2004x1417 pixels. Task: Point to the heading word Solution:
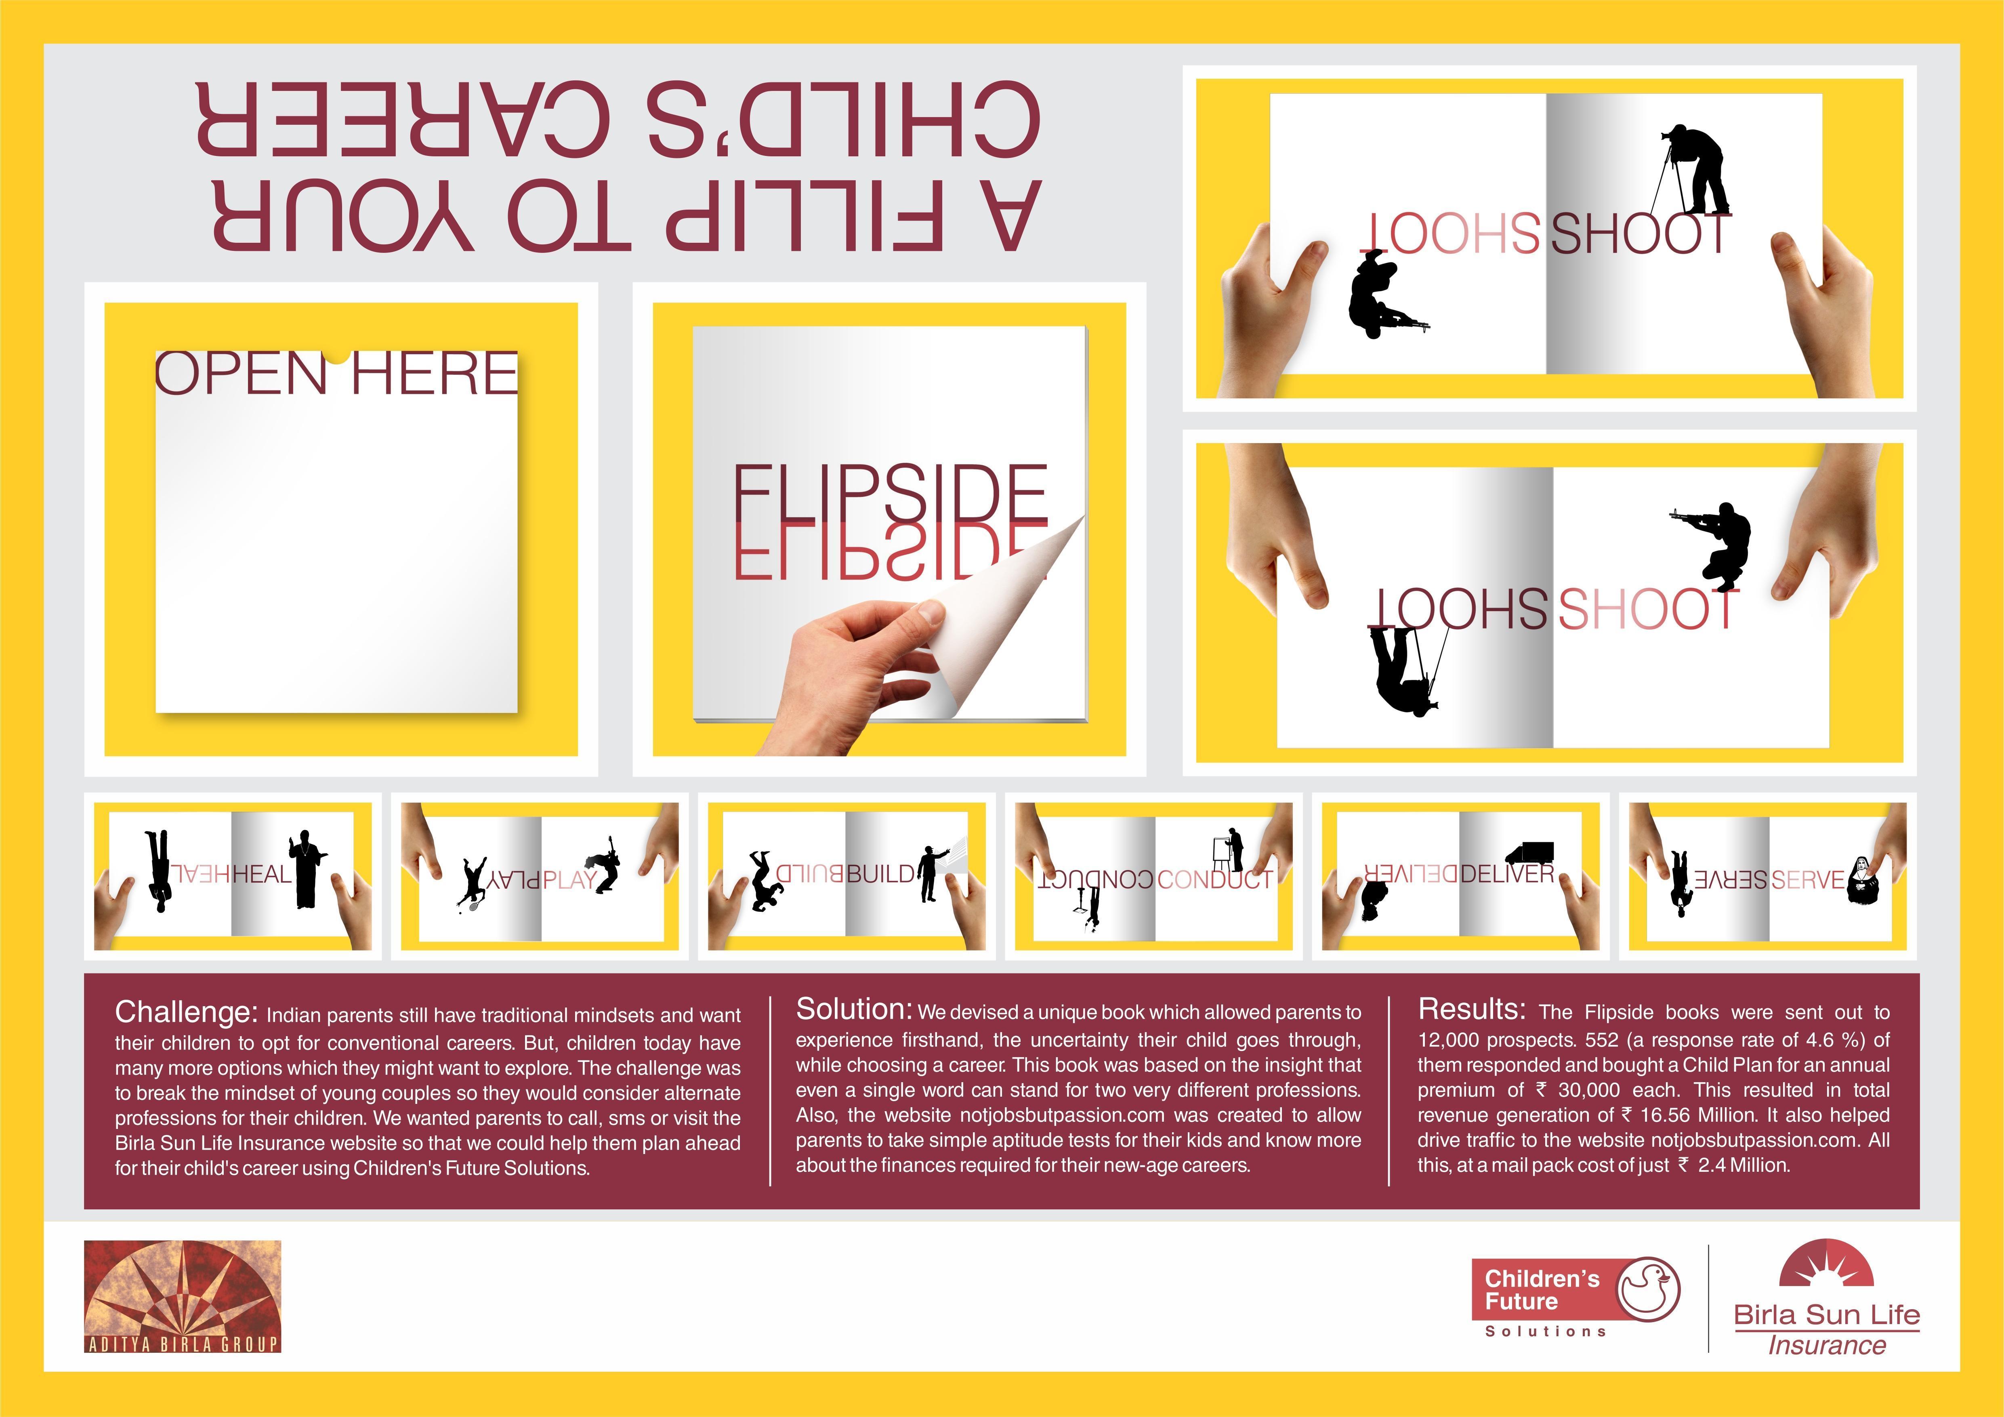[x=854, y=1009]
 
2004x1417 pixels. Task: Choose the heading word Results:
[x=1472, y=1009]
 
